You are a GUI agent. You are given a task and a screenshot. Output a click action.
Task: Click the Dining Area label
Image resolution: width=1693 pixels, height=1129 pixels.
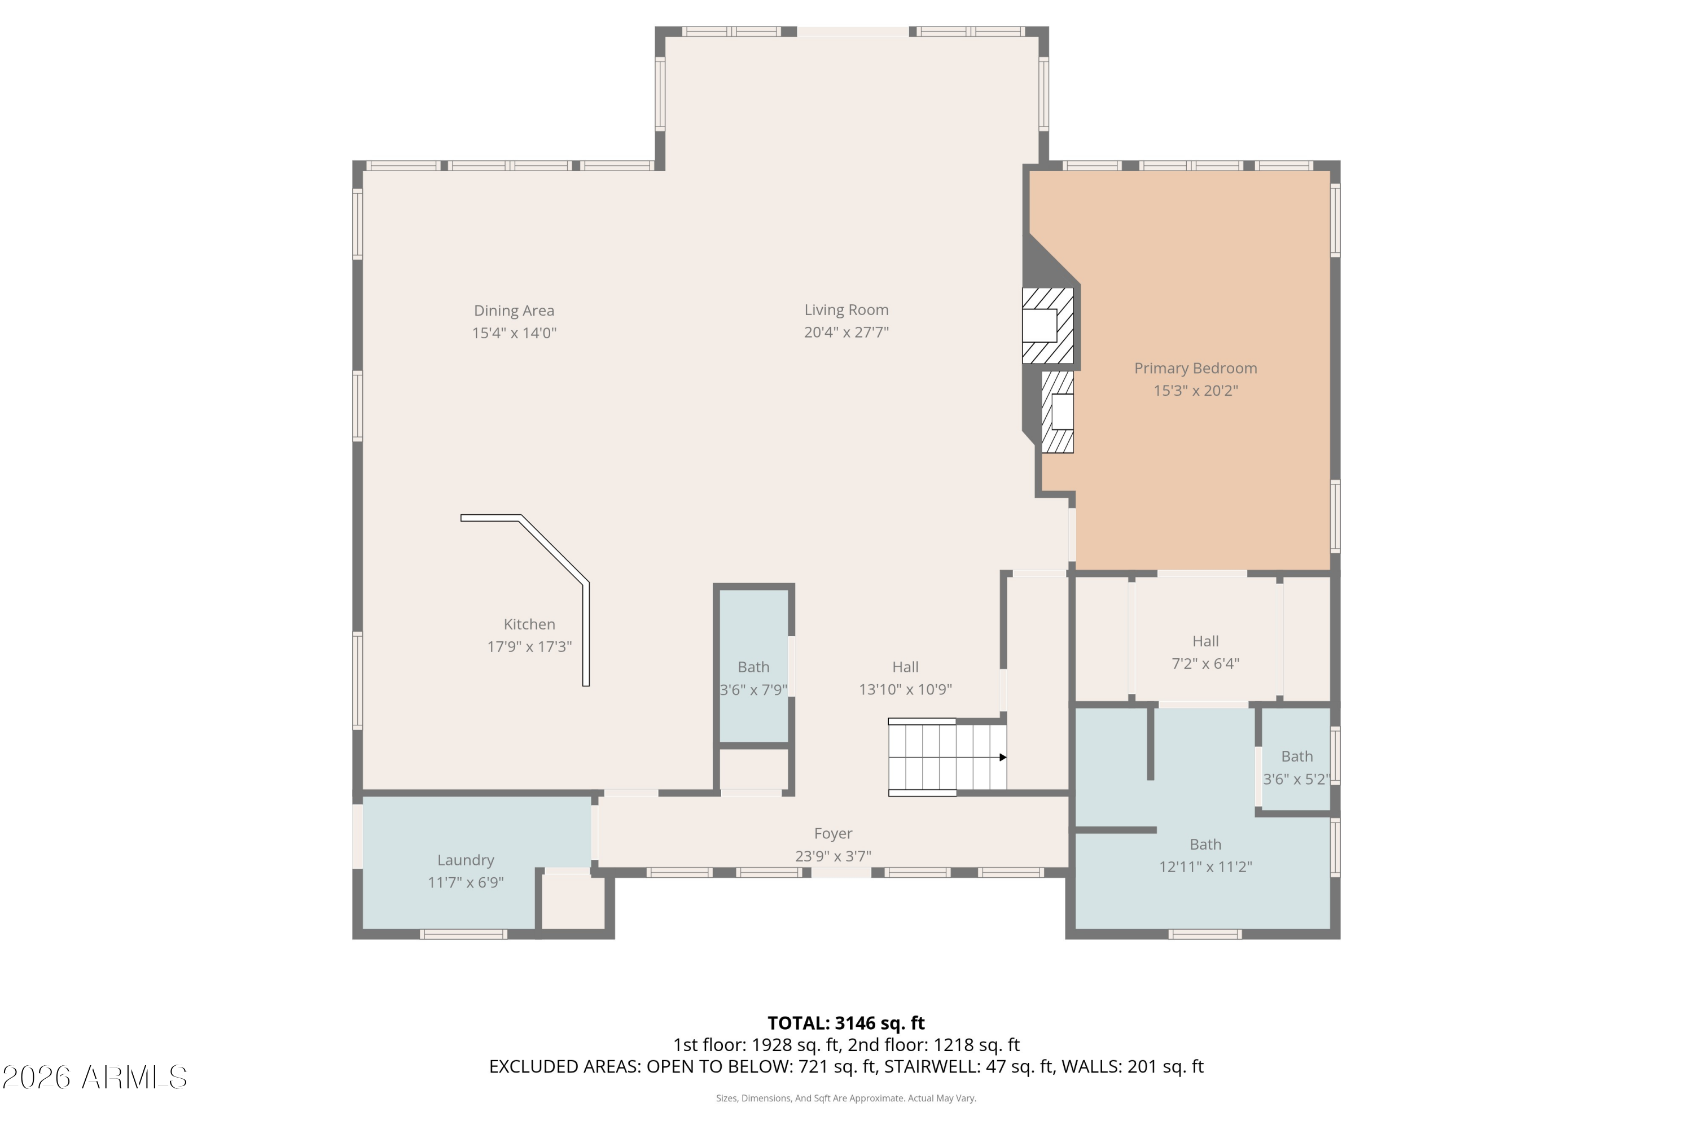514,310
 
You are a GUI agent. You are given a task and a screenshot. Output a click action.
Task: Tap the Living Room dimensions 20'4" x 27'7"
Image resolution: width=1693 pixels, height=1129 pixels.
846,332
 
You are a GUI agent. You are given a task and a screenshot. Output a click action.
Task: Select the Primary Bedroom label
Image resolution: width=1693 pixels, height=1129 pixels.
1196,368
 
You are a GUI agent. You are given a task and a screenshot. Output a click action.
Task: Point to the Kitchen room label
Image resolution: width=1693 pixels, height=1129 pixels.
529,624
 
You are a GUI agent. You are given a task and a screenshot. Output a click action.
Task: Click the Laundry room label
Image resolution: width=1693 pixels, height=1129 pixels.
466,860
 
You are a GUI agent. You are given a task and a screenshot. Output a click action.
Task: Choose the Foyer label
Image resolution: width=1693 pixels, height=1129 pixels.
833,834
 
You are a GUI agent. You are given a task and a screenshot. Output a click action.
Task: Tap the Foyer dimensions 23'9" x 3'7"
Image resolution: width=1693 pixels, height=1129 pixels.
833,856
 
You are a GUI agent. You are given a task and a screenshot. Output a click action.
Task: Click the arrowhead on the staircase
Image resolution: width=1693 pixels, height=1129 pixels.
1003,758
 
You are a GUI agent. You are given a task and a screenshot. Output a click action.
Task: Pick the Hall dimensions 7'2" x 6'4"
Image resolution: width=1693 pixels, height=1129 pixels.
1205,663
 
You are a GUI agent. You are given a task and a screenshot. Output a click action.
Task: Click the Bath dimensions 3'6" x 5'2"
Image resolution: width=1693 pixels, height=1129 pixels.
1297,779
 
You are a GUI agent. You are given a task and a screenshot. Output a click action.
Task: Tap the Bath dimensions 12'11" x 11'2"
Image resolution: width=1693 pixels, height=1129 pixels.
1205,867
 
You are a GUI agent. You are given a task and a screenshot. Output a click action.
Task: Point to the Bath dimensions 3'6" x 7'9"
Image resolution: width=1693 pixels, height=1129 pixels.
753,690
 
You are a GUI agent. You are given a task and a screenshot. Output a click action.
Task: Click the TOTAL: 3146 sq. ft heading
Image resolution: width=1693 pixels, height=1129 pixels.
846,1023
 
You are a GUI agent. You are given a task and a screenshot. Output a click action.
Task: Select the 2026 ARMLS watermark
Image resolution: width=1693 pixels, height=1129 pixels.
94,1078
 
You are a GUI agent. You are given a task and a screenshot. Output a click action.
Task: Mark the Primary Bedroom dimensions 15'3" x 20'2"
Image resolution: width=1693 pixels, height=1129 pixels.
1196,390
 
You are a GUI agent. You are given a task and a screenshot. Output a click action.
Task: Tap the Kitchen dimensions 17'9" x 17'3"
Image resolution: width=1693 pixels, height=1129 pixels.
529,646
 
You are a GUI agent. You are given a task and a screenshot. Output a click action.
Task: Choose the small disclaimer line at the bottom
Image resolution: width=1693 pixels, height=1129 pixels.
846,1098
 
